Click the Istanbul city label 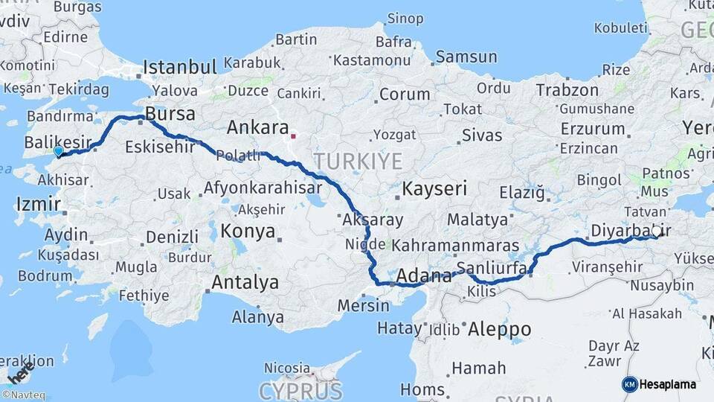click(179, 67)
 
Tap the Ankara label click(257, 127)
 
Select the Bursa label click(170, 115)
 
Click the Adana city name click(424, 276)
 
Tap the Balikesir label click(58, 141)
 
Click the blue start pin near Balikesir click(59, 152)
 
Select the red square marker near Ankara click(294, 136)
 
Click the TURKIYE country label click(357, 161)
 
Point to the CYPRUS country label click(300, 390)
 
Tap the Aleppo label click(500, 329)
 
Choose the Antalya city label click(245, 283)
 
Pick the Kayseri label click(434, 189)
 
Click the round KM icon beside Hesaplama click(629, 384)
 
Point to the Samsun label click(466, 57)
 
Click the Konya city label click(248, 231)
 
